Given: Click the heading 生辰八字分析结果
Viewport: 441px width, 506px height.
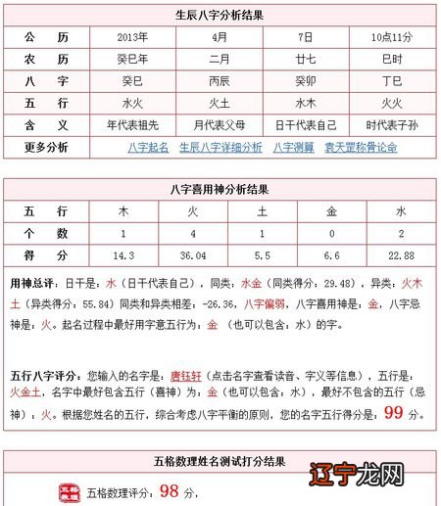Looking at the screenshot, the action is click(220, 15).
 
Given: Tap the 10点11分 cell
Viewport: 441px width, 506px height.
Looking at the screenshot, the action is click(390, 37).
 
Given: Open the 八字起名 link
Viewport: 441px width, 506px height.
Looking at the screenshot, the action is click(148, 147).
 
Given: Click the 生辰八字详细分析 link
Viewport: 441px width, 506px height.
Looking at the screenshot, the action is click(220, 147).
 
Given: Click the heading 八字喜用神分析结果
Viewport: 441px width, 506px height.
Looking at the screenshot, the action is click(220, 189).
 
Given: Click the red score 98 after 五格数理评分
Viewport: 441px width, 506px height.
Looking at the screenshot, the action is click(169, 489).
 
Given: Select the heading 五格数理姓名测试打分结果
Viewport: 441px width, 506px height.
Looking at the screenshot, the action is click(220, 460).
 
